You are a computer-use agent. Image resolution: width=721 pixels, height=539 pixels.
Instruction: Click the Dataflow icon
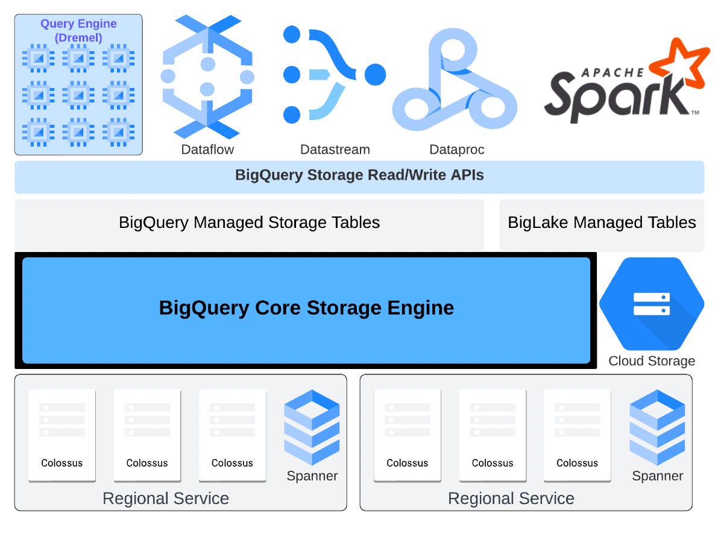207,77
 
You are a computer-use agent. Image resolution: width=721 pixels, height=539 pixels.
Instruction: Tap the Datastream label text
335,150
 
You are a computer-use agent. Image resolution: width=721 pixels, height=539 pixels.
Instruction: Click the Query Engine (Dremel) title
78,30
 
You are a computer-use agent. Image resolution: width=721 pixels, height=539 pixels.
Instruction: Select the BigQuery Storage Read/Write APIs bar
359,176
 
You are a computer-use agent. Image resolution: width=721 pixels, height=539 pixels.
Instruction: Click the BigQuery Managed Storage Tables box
249,223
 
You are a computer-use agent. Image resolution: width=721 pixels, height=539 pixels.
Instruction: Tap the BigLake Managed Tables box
602,223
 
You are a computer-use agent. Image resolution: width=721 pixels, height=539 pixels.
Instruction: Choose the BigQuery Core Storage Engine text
306,308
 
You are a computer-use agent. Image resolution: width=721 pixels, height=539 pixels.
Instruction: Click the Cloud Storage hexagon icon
652,304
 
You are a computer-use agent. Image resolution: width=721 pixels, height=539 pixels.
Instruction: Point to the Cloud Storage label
652,361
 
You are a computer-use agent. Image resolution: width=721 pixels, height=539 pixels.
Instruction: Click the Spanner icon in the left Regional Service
312,427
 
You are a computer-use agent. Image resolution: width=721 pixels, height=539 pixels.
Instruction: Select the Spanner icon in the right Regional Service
657,427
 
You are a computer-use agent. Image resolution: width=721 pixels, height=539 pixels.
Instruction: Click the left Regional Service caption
166,499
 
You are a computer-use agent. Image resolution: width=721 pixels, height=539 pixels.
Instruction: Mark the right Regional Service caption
511,499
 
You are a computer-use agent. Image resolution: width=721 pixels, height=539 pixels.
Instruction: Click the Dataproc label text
457,150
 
